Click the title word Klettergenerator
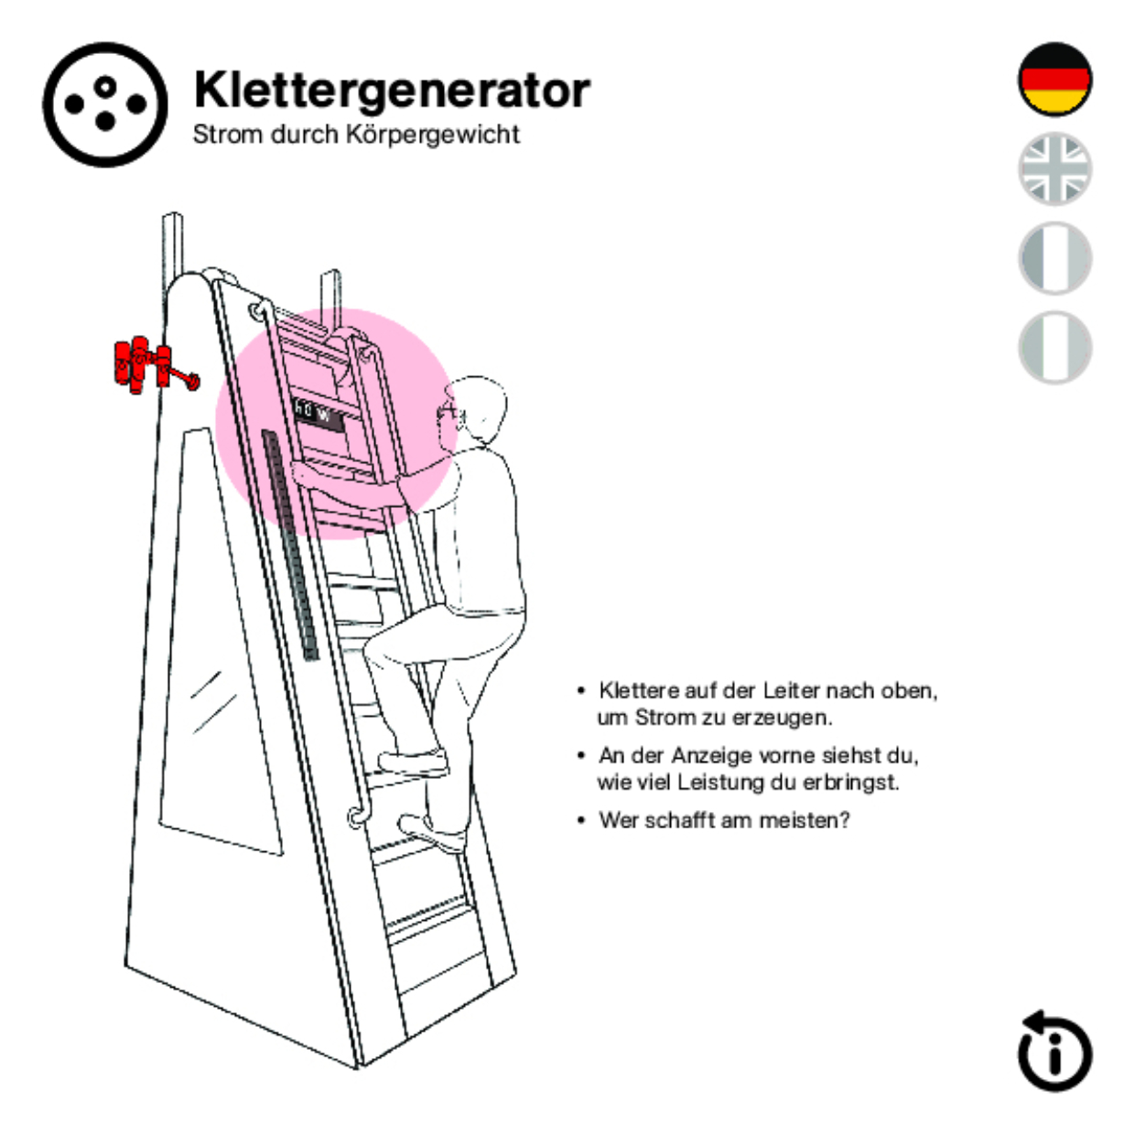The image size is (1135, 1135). (392, 90)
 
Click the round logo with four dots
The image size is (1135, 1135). (105, 104)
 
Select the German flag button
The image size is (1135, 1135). (1054, 80)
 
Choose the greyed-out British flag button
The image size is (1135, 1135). (1054, 168)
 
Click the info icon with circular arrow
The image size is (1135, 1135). (1054, 1053)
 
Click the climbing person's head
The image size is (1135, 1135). (476, 407)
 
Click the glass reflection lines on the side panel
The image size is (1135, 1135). (211, 700)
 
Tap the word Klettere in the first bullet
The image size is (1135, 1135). (639, 690)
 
